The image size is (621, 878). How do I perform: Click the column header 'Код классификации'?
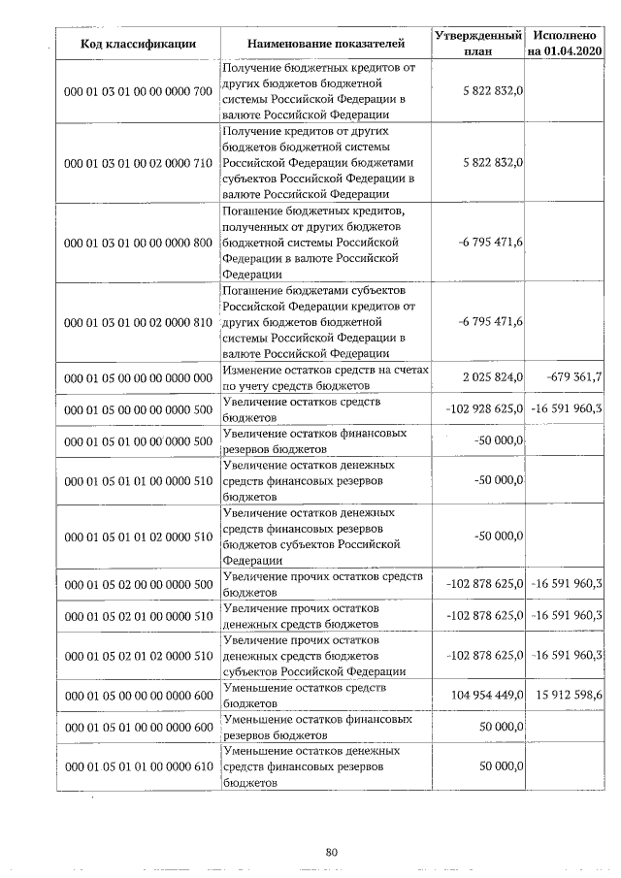[138, 44]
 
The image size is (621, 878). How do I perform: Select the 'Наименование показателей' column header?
[324, 44]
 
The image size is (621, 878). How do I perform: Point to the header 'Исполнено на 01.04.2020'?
[565, 43]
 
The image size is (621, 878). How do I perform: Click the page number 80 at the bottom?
[331, 853]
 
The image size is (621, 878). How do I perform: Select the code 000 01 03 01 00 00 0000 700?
[138, 91]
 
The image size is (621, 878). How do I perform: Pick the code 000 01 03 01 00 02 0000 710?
[138, 163]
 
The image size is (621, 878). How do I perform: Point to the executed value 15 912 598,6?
[568, 696]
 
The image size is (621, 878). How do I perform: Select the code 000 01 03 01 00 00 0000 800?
[138, 242]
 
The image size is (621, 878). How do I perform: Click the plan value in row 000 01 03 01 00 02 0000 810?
[490, 321]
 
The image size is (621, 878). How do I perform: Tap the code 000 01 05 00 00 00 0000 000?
[138, 377]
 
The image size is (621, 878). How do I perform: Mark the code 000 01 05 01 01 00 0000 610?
[138, 767]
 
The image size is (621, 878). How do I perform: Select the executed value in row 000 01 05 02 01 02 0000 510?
[568, 657]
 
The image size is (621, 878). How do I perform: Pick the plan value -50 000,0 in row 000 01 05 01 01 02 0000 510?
[499, 537]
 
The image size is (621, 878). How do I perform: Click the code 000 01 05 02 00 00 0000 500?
[138, 584]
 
